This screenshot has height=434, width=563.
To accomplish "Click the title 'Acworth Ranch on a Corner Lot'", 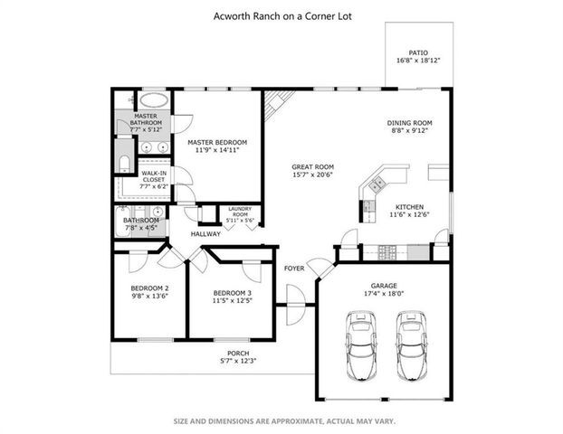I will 281,14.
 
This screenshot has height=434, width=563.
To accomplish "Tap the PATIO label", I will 417,52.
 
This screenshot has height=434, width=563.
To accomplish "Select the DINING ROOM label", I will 410,123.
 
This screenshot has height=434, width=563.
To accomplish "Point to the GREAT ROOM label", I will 313,166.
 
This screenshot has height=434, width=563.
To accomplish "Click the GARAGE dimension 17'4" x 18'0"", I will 385,293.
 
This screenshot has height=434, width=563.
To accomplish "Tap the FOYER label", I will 294,269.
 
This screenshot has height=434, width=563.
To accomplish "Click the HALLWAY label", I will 205,234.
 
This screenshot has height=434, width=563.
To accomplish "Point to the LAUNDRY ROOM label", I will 240,208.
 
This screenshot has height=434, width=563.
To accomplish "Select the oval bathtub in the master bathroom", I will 153,99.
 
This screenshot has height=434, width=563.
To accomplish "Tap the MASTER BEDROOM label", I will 217,143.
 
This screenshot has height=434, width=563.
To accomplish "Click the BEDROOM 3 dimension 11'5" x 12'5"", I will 232,300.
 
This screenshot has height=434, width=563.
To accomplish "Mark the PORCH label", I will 238,353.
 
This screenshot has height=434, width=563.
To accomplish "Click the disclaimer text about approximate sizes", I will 281,420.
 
